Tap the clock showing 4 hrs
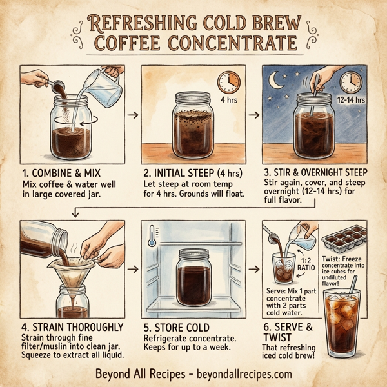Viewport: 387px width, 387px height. pos(228,82)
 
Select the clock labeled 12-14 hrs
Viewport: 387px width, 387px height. pos(351,82)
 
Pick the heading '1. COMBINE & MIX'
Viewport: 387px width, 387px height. pos(63,172)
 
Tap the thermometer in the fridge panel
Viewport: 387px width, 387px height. pos(150,235)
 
